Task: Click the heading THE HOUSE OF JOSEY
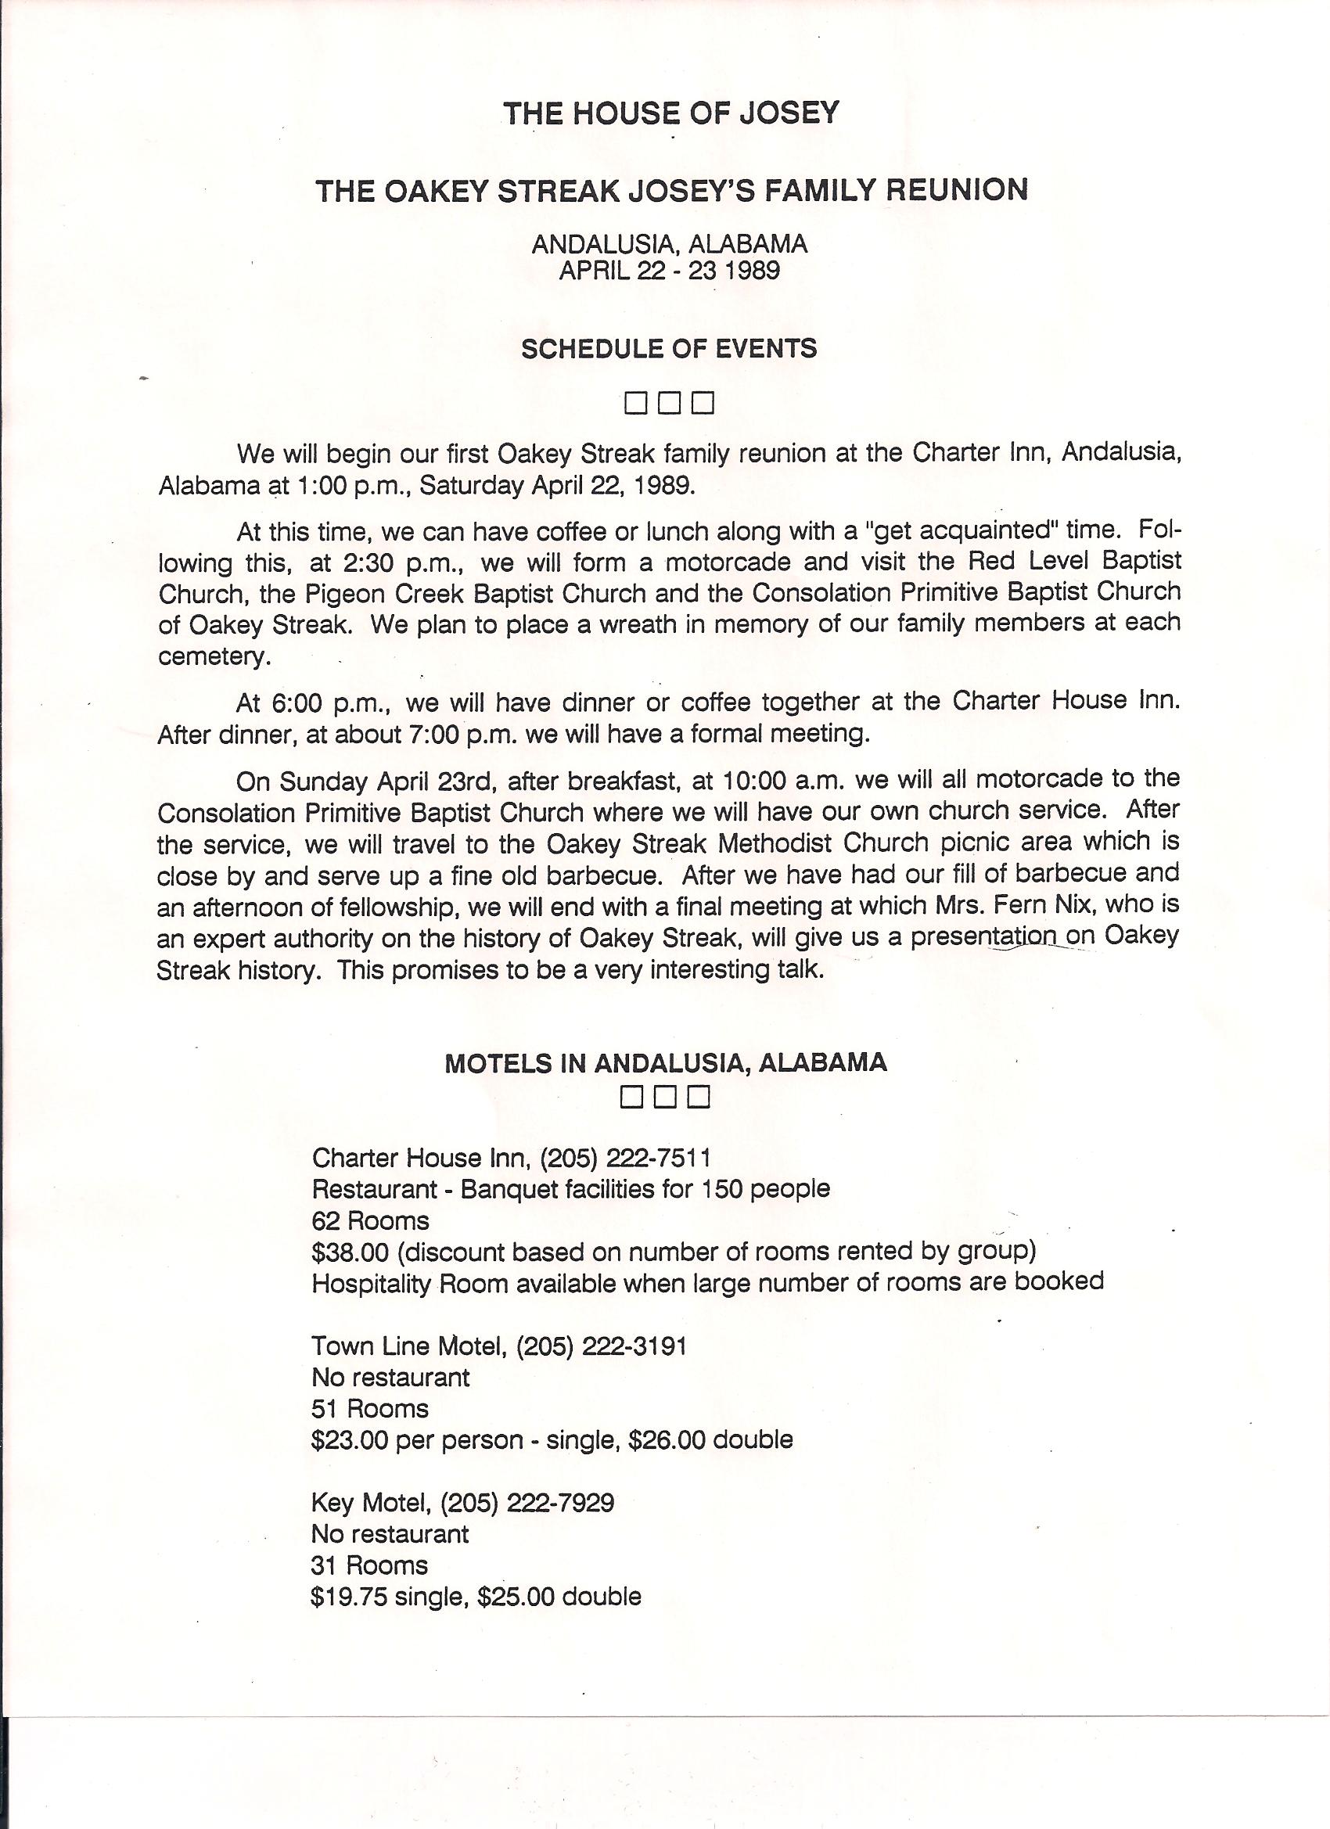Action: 670,113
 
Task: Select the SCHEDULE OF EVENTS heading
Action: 669,348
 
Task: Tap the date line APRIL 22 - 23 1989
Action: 670,270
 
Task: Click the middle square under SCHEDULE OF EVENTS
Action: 669,401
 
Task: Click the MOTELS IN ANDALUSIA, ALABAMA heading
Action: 666,1062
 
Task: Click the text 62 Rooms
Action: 370,1221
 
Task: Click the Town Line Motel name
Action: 408,1346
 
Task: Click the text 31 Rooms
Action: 369,1565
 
